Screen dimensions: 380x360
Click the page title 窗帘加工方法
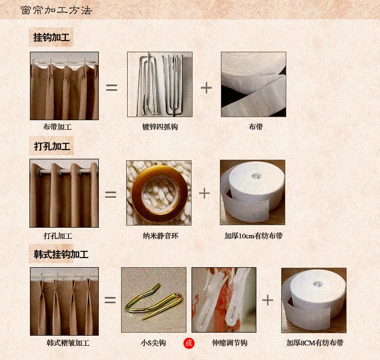56,11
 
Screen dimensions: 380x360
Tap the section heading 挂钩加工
51,38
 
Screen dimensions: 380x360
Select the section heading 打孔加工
52,146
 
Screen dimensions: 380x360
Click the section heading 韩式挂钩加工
61,254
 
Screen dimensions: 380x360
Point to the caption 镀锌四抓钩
160,127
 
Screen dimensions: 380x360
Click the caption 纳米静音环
161,236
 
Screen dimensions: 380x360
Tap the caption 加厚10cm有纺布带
253,236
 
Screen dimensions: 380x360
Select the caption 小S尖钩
153,343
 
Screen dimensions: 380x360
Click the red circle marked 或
189,343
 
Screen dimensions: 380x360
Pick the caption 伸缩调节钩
230,343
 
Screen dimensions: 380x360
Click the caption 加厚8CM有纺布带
315,343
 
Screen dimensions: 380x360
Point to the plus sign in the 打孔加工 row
204,193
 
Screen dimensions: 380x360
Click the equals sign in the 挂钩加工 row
111,88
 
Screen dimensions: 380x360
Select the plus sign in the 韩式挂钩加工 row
268,300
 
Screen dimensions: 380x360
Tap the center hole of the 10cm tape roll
255,175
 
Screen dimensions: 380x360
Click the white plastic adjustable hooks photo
224,300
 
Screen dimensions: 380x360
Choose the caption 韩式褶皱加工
68,343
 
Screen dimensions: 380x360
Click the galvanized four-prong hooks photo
160,84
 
